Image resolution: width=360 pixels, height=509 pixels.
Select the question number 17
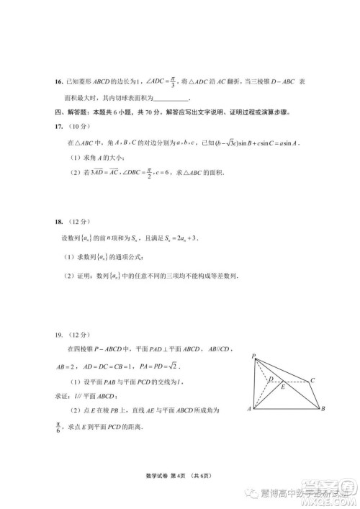coord(59,127)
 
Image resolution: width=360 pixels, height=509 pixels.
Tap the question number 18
coord(59,222)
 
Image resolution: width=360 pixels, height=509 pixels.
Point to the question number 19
coord(59,335)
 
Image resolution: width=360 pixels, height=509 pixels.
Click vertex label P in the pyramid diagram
coord(253,356)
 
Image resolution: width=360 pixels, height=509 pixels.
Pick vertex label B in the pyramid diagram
coord(323,409)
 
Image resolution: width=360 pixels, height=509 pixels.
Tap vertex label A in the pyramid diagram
coord(248,409)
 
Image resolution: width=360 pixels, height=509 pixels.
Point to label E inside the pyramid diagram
coord(284,387)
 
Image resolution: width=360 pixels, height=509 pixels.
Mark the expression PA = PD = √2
coord(179,367)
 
